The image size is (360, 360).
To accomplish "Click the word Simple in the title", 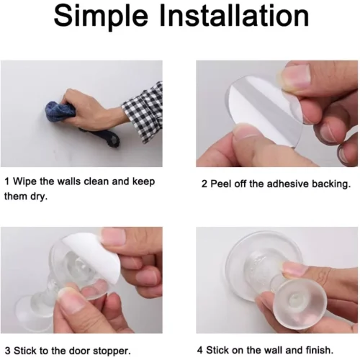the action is (x=101, y=17).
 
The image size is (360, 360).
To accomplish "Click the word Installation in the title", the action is (x=234, y=15).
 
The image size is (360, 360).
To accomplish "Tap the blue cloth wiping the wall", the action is (x=60, y=112).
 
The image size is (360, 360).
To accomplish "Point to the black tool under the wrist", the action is (x=101, y=137).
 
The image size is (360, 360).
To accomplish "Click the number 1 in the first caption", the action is (x=7, y=181).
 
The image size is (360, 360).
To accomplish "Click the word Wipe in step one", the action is (x=25, y=181).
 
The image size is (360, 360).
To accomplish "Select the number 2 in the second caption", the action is (x=204, y=184).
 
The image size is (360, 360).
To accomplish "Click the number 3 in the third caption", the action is (x=7, y=351).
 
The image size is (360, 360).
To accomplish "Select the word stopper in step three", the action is (x=112, y=351).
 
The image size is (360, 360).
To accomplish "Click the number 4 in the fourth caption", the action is (x=200, y=350).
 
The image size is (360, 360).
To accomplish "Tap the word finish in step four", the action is (x=320, y=350).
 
